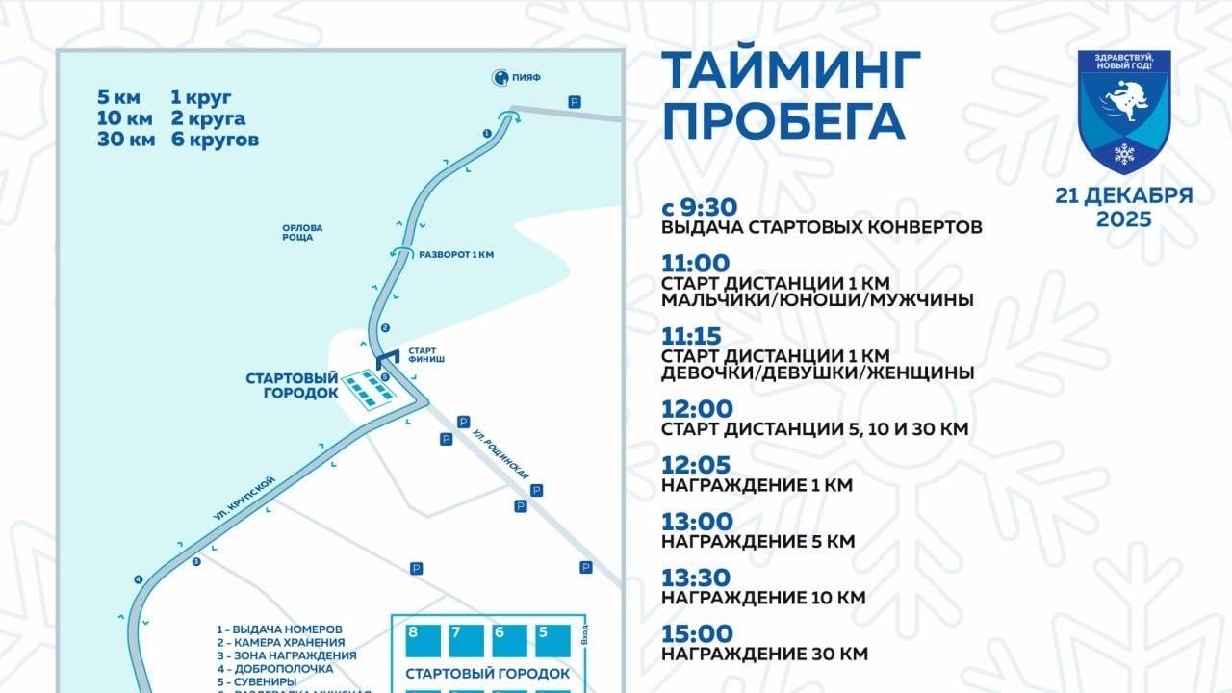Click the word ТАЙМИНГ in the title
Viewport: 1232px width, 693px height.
[x=791, y=69]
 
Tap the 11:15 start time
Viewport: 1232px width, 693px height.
[x=697, y=335]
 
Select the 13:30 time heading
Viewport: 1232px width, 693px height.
[x=697, y=577]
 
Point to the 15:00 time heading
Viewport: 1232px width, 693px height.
[x=697, y=634]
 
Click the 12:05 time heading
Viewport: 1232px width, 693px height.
[x=697, y=465]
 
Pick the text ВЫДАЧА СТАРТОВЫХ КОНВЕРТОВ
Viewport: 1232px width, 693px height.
[x=822, y=227]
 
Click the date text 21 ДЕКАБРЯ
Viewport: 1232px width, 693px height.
[x=1123, y=195]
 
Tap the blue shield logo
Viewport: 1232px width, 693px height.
[x=1123, y=111]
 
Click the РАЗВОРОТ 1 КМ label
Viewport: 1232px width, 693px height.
[x=456, y=254]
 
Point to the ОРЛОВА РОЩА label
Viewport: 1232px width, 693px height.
[x=302, y=232]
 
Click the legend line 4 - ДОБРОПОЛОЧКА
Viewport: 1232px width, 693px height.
[x=274, y=668]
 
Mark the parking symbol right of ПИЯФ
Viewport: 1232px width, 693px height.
[x=575, y=101]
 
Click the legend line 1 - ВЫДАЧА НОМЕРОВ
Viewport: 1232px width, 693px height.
[x=279, y=629]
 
